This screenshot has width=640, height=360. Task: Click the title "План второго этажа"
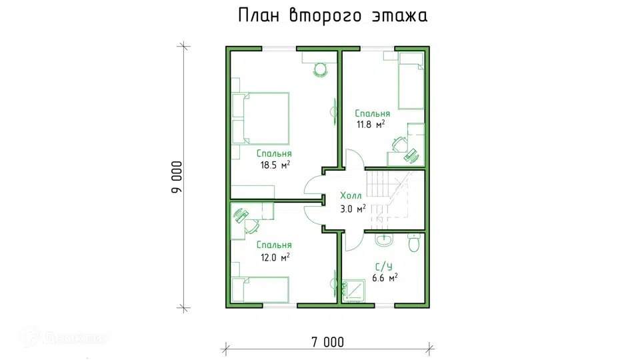point(333,15)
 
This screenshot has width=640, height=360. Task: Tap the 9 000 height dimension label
point(177,177)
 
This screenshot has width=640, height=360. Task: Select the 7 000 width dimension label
point(328,342)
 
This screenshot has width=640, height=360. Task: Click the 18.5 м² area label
point(275,165)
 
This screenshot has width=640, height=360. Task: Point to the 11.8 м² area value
point(371,124)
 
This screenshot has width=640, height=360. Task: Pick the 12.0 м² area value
point(275,257)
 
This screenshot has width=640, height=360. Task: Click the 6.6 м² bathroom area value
point(385,278)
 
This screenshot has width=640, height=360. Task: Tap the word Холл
point(351,196)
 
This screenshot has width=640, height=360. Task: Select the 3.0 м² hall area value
point(353,209)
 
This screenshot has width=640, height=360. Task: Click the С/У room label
point(384,267)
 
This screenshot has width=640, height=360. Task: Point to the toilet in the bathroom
point(414,243)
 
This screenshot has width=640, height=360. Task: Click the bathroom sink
point(384,241)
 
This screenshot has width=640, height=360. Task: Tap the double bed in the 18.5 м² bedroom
point(261,119)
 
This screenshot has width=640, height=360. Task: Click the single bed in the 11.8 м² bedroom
point(411,81)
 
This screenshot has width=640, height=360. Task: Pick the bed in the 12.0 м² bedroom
point(261,290)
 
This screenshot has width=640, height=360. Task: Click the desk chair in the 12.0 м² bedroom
point(251,226)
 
